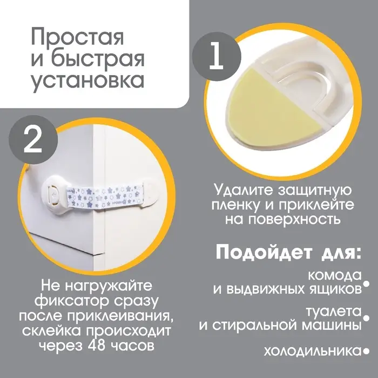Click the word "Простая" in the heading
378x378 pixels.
[77, 38]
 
